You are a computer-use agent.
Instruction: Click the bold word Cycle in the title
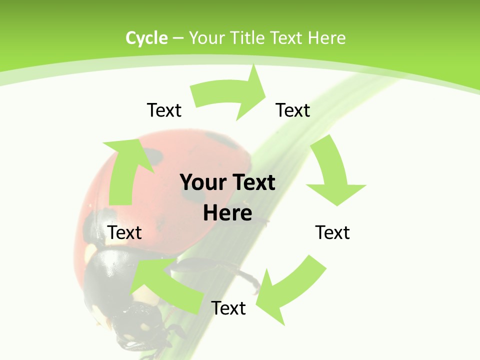(146, 38)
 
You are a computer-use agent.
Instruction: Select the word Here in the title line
(326, 38)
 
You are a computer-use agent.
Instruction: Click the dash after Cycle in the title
(178, 38)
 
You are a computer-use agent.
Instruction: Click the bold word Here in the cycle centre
(227, 213)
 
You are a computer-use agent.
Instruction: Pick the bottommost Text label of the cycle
(228, 308)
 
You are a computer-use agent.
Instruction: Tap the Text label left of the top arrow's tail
(164, 110)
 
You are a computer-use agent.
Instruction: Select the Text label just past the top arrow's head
(293, 110)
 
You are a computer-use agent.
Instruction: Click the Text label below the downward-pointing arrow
(332, 232)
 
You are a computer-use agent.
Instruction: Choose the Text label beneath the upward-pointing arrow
(125, 232)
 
